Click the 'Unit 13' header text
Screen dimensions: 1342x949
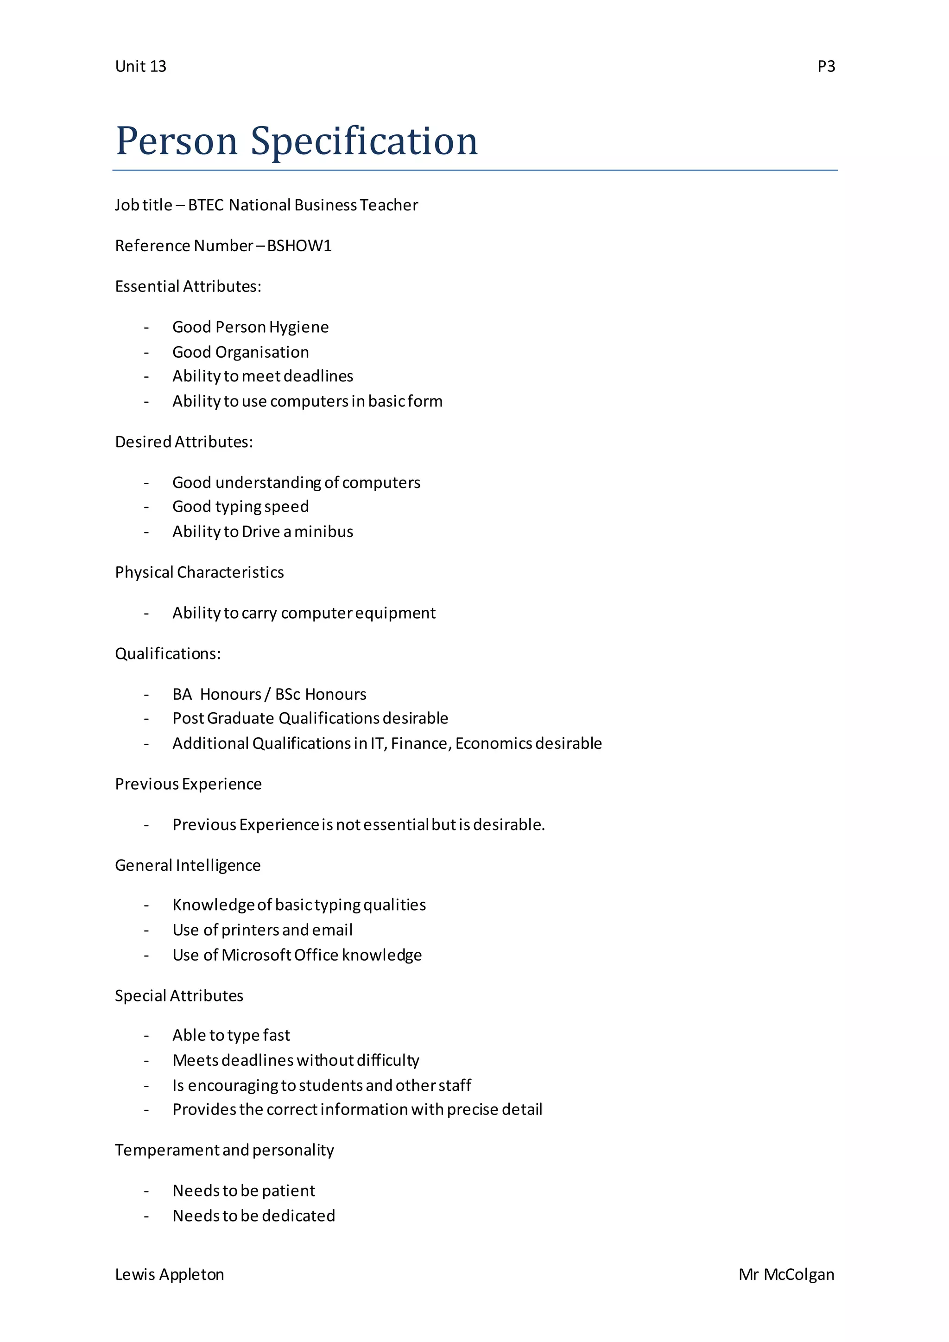pyautogui.click(x=140, y=67)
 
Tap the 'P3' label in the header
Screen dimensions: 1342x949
pyautogui.click(x=826, y=67)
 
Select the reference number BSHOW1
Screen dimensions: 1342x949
pyautogui.click(x=299, y=246)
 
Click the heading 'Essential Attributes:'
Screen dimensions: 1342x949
pyautogui.click(x=188, y=286)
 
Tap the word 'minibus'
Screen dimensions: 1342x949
pyautogui.click(x=324, y=532)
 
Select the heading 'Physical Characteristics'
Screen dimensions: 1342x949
pyautogui.click(x=199, y=572)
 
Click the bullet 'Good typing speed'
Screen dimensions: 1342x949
pyautogui.click(x=240, y=507)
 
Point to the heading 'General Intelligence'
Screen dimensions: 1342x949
pyautogui.click(x=188, y=865)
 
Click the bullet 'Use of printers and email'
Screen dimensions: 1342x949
pyautogui.click(x=262, y=930)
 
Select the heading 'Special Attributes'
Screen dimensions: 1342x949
pyautogui.click(x=179, y=995)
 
